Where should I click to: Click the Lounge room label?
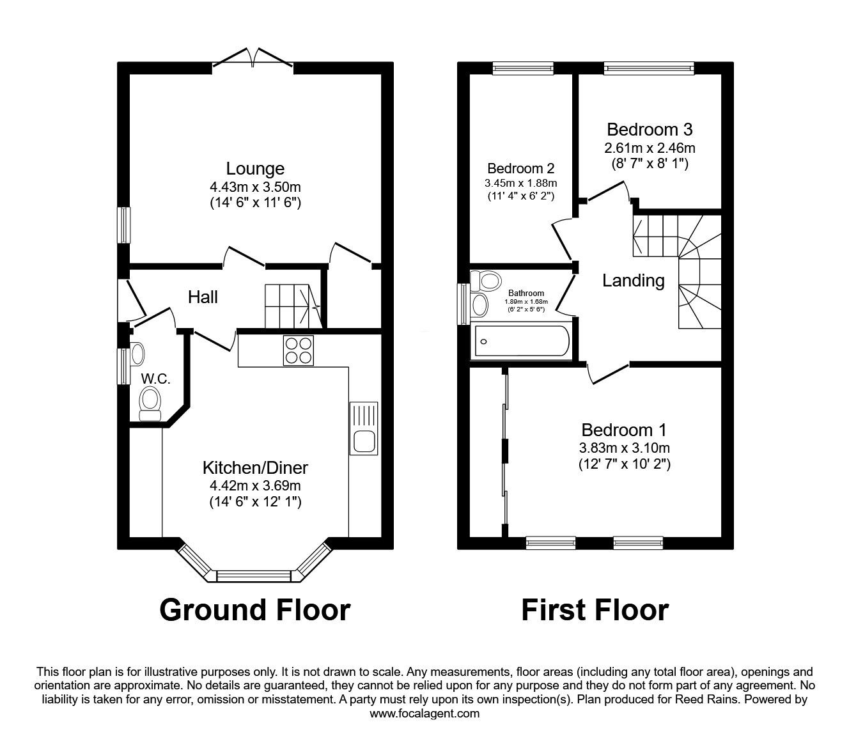click(255, 168)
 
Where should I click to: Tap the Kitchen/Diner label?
click(255, 467)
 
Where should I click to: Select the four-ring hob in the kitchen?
click(298, 350)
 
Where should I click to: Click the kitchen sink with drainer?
click(364, 428)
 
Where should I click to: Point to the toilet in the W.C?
click(150, 404)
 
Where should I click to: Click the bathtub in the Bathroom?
click(522, 341)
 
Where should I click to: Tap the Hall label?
click(203, 297)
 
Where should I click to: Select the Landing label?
click(633, 281)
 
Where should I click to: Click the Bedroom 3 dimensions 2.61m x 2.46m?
click(650, 148)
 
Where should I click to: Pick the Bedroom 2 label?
click(521, 168)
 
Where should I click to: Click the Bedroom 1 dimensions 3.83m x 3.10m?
click(625, 448)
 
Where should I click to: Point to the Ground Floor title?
click(254, 610)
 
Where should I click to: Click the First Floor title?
click(595, 610)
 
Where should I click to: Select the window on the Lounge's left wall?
click(123, 225)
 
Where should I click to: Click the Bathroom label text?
click(526, 293)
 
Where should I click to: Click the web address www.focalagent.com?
click(424, 714)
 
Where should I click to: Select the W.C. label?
click(155, 379)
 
